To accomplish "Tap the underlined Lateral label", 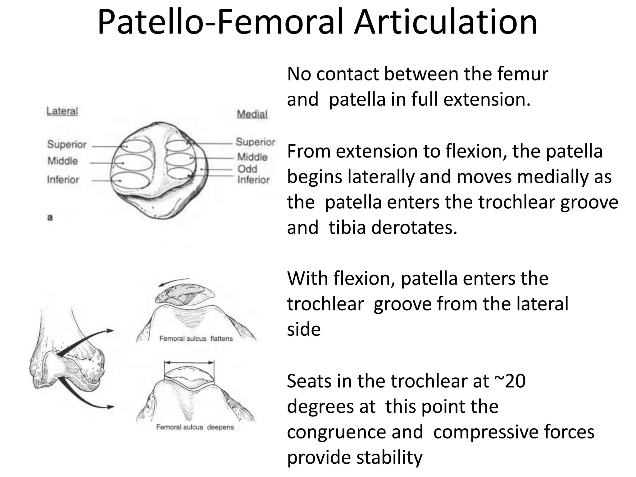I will pyautogui.click(x=62, y=111).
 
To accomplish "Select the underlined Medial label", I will pyautogui.click(x=252, y=114).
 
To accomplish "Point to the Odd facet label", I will pyautogui.click(x=247, y=169).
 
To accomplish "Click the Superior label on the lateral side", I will pyautogui.click(x=67, y=144).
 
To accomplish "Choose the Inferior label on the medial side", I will pyautogui.click(x=253, y=180).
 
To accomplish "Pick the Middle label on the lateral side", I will pyautogui.click(x=63, y=161).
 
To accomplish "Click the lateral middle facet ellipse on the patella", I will pyautogui.click(x=133, y=162).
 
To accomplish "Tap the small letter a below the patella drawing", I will pyautogui.click(x=50, y=217).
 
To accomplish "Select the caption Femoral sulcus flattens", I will pyautogui.click(x=196, y=338).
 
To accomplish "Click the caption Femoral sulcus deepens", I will pyautogui.click(x=195, y=427).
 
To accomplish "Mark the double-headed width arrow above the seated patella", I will pyautogui.click(x=189, y=362).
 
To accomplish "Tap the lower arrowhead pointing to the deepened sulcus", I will pyautogui.click(x=110, y=407).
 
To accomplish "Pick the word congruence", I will pyautogui.click(x=355, y=432).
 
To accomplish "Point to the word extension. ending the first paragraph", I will pyautogui.click(x=487, y=100).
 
